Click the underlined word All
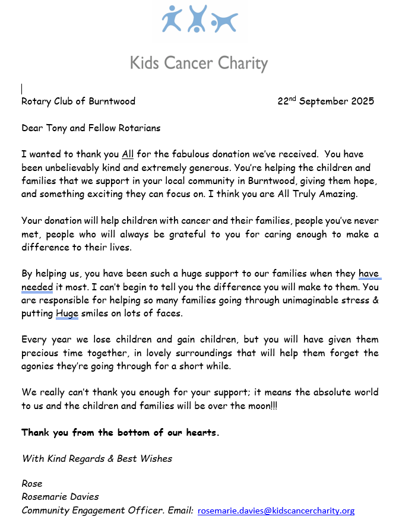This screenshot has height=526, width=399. [128, 154]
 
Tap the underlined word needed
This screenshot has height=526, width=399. [37, 287]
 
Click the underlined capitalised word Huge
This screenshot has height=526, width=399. [67, 313]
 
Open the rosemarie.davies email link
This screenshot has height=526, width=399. [276, 510]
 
